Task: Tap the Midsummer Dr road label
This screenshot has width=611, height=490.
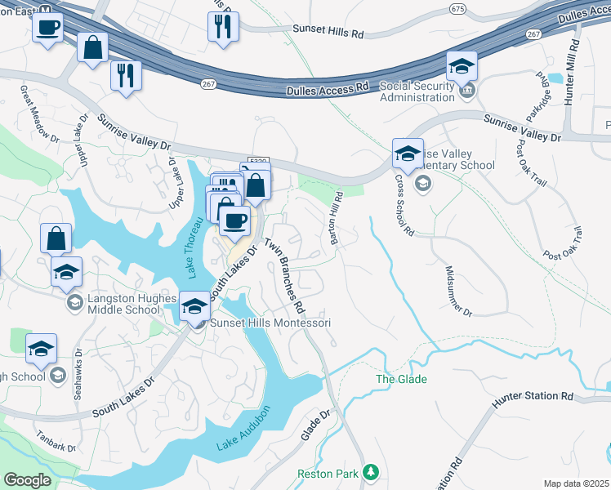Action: [x=458, y=290]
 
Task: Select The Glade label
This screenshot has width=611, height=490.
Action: [x=401, y=380]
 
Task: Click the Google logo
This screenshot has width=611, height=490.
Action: [x=28, y=480]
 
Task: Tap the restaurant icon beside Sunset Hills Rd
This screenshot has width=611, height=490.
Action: [x=222, y=26]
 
